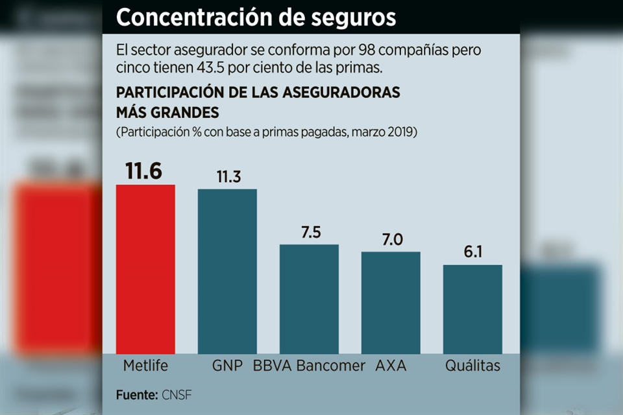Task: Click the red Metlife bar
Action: tap(145, 269)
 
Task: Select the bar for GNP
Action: tap(227, 271)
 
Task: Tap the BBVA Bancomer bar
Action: tap(309, 299)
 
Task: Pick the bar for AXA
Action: tap(391, 302)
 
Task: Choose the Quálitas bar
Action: tap(472, 309)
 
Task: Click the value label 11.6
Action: tap(144, 172)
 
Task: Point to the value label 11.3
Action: tap(228, 177)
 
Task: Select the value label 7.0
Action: tap(391, 240)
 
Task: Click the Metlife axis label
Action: tap(145, 366)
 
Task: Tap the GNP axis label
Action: tap(227, 366)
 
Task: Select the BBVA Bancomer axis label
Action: tap(310, 366)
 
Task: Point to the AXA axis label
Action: tap(391, 366)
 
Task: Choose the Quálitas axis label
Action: tap(472, 366)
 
